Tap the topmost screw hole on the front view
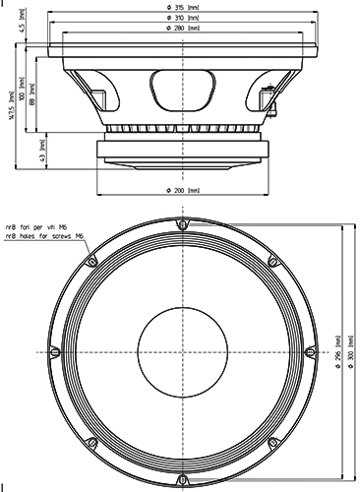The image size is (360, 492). (181, 224)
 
